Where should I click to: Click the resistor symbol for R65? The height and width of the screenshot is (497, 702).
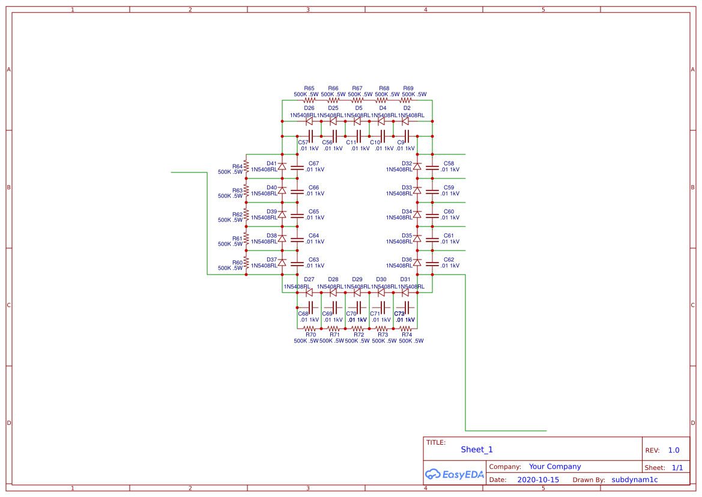click(309, 101)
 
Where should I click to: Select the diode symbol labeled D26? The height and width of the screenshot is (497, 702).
click(309, 121)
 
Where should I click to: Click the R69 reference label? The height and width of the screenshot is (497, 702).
click(408, 88)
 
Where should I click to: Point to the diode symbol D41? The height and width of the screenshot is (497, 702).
click(282, 166)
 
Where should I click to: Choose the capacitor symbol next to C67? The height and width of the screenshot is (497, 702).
click(297, 166)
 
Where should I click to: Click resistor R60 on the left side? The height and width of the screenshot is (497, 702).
click(246, 262)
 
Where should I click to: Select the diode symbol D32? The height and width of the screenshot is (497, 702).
click(417, 166)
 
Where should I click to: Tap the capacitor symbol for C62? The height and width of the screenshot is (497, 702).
click(432, 263)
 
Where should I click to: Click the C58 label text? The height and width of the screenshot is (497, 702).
click(449, 163)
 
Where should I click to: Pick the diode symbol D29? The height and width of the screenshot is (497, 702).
click(357, 293)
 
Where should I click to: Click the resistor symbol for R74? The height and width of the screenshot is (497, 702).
click(407, 329)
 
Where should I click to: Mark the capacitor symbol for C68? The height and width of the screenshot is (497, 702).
click(310, 308)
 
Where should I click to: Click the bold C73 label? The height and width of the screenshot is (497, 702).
click(399, 314)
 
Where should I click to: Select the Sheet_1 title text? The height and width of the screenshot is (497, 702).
click(477, 450)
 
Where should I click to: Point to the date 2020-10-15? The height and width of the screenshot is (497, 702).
click(538, 480)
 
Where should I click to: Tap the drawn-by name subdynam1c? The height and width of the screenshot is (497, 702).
click(635, 480)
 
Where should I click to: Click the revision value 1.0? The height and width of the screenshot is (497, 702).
click(674, 450)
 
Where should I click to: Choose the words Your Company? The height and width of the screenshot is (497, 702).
click(555, 466)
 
